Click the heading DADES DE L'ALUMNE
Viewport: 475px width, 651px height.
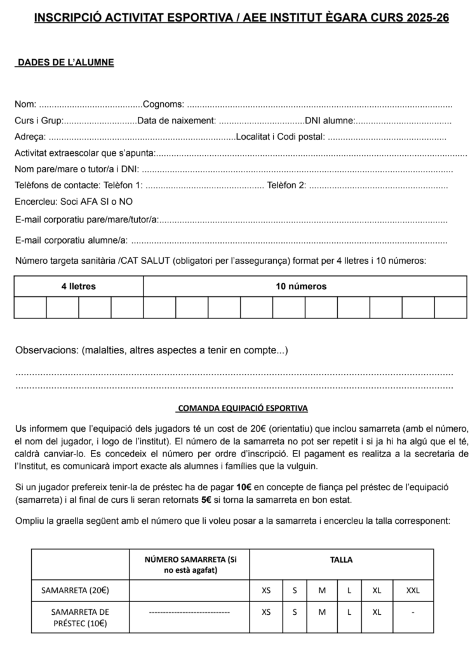[65, 62]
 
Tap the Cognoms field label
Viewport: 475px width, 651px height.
[164, 104]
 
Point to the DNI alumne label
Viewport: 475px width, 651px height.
[330, 121]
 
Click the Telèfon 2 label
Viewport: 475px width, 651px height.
[286, 186]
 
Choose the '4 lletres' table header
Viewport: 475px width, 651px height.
[79, 286]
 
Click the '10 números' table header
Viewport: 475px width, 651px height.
[301, 286]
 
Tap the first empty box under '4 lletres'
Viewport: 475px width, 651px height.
[30, 307]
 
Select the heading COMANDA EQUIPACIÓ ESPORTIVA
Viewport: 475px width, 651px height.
[243, 408]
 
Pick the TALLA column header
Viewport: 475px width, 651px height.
[342, 560]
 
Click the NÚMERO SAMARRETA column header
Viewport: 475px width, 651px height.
[189, 565]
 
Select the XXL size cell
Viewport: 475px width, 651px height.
[413, 590]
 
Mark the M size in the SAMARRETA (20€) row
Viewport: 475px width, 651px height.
[322, 590]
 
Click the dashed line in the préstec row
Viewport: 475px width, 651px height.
[189, 612]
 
